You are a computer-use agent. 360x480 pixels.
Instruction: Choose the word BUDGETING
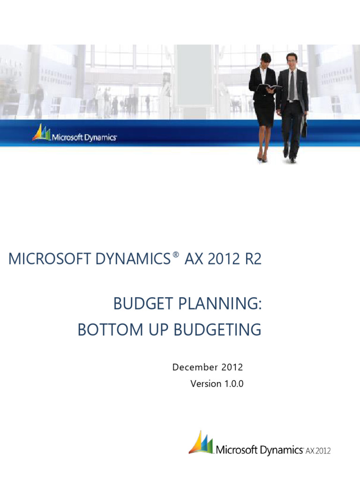click(x=217, y=330)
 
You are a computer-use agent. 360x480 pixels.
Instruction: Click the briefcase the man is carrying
click(x=304, y=127)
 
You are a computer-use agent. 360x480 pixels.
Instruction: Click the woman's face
click(x=266, y=60)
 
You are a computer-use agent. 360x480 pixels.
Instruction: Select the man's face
click(x=292, y=61)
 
